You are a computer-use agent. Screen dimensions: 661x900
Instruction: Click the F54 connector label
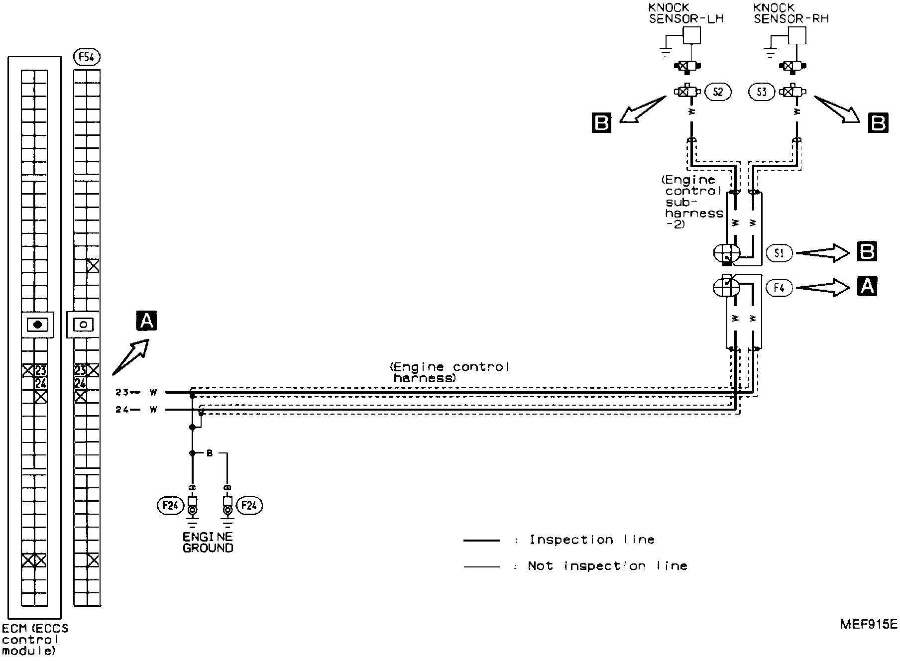pos(87,58)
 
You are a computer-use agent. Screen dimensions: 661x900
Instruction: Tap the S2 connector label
pos(717,92)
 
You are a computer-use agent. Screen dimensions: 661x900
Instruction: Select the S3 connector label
pos(762,92)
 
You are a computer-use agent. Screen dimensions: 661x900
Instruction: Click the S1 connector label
pos(779,253)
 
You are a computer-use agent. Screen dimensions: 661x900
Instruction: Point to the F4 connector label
pos(779,288)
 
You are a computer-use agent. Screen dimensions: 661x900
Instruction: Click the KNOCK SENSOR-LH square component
pos(692,35)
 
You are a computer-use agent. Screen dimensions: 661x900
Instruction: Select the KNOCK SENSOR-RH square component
pos(797,35)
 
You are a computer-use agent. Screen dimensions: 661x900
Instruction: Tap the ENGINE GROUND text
pos(208,543)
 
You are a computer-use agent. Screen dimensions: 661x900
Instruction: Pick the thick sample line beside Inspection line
pos(481,540)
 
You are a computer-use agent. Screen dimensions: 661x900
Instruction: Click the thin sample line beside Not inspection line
pos(481,566)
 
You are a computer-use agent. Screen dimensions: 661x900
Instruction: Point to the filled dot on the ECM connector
pos(37,325)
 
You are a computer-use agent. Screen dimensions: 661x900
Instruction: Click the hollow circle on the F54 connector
pos(84,325)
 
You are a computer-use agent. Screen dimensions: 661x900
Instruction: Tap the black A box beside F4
pos(867,287)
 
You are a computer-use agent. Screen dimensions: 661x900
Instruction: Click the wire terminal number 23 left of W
pos(122,392)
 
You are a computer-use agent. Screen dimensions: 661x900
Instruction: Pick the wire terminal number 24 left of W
pos(122,410)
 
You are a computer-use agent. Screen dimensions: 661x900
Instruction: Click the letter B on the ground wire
pos(210,453)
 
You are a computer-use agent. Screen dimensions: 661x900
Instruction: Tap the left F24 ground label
pos(170,506)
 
